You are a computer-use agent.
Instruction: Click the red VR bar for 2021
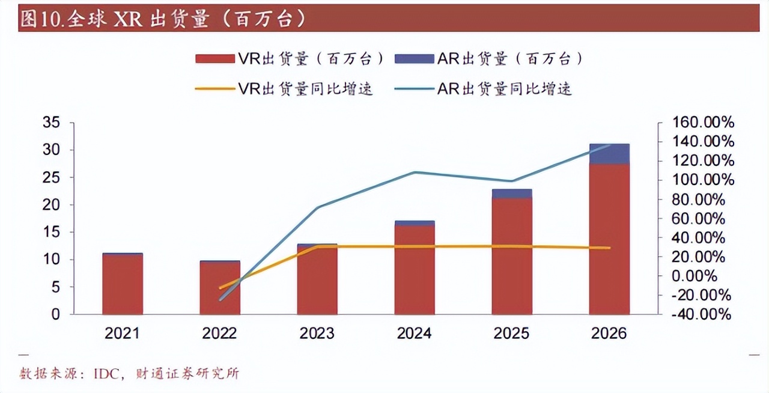123,285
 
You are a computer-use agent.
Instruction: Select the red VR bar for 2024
415,270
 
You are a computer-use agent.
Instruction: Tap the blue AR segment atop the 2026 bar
609,154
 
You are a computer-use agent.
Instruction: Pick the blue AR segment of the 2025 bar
512,193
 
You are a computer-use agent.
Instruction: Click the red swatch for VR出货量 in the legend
214,58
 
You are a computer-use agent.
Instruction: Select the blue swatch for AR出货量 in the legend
414,58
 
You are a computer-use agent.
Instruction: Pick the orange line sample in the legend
214,89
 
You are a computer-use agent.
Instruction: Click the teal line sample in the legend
414,89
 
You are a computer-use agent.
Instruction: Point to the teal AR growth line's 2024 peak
415,172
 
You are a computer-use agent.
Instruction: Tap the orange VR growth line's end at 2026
609,248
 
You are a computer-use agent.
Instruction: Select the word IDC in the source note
106,373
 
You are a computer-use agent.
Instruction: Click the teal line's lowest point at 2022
220,299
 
